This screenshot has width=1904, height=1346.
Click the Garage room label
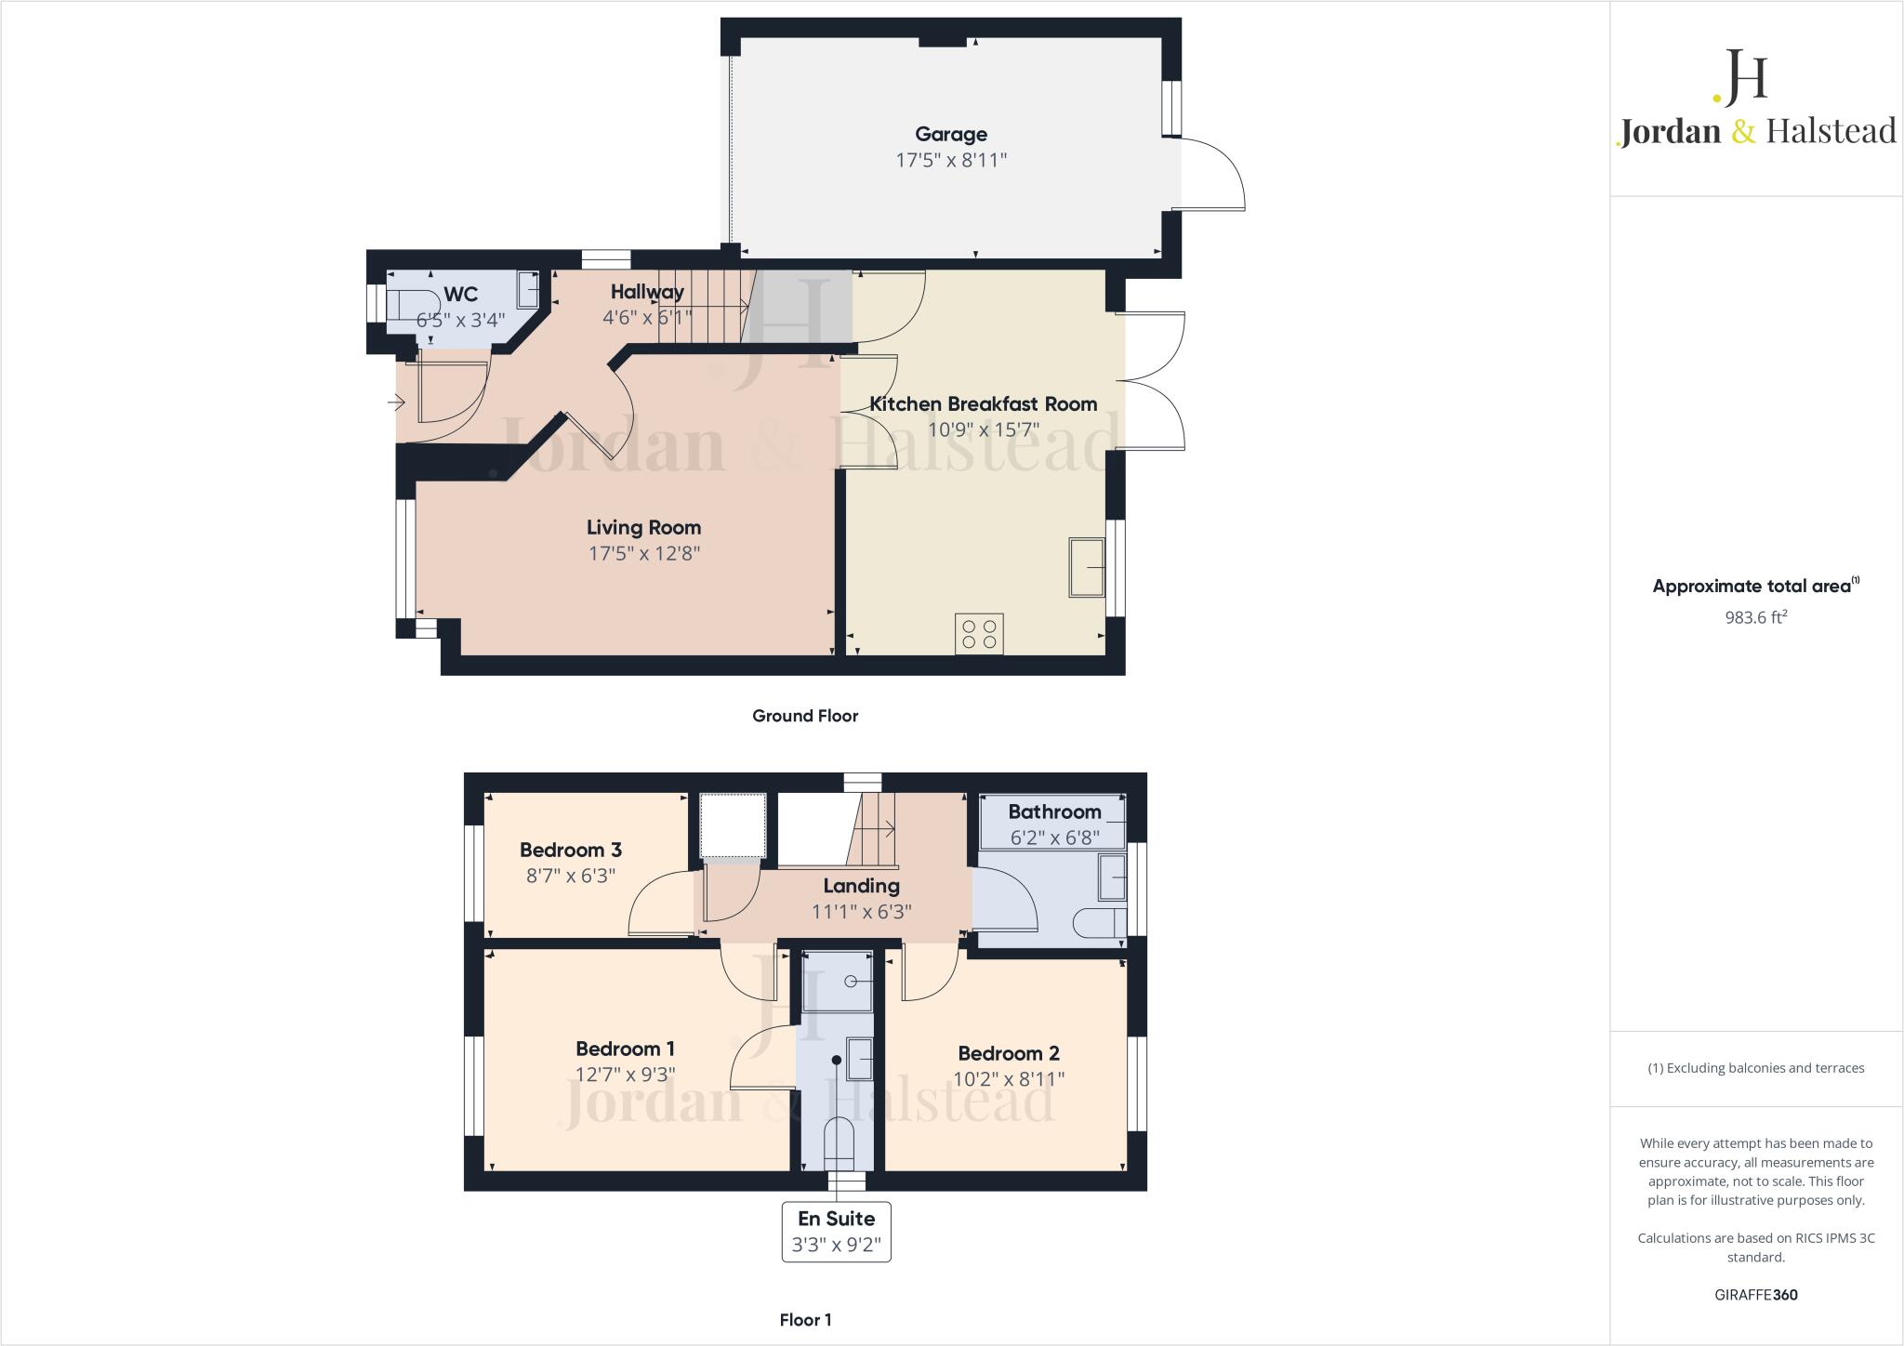(x=950, y=135)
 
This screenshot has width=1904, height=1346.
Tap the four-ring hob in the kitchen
(x=979, y=634)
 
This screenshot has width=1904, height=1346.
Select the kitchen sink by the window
(x=1087, y=567)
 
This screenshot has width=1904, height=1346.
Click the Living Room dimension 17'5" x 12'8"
(x=643, y=554)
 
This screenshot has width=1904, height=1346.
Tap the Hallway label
(x=647, y=292)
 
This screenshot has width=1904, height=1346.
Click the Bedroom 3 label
(x=570, y=850)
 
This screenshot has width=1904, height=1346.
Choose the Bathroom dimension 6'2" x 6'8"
(x=1054, y=838)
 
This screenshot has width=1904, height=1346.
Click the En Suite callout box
(x=837, y=1231)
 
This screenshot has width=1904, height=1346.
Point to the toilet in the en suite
(x=839, y=1143)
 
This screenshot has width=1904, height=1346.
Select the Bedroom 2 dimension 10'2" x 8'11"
(x=1009, y=1079)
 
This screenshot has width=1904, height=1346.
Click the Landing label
(x=861, y=886)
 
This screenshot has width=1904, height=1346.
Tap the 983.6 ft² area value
(x=1755, y=617)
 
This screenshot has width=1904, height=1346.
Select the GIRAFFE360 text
(x=1755, y=1295)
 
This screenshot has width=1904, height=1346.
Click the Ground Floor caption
(x=805, y=716)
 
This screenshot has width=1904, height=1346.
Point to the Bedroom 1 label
(x=625, y=1049)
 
